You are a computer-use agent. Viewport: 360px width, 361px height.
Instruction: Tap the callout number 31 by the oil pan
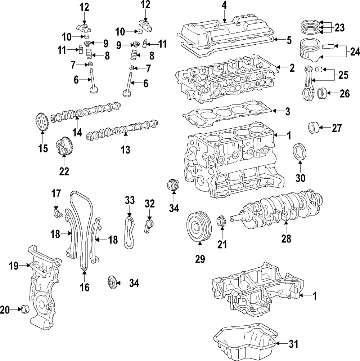[294, 344]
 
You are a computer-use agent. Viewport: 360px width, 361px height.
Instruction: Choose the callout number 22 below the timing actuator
[64, 172]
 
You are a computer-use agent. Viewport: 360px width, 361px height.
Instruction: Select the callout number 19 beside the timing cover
[13, 266]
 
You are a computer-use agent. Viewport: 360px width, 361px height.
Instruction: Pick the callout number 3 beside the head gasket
[287, 112]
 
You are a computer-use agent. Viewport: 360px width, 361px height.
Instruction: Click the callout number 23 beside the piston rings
[339, 27]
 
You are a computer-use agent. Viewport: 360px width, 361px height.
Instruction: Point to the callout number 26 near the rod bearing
[344, 94]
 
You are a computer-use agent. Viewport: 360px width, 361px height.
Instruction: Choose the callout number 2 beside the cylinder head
[292, 67]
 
